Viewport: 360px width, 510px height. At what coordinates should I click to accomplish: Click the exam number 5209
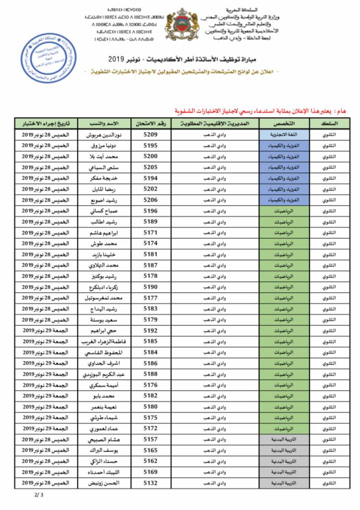(x=151, y=135)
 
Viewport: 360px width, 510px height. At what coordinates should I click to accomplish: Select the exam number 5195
(x=151, y=145)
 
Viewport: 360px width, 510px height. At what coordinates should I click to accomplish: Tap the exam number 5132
(x=151, y=483)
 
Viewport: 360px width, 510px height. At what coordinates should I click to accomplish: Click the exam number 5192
(x=151, y=331)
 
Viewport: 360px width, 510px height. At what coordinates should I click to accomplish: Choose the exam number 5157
(x=151, y=440)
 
